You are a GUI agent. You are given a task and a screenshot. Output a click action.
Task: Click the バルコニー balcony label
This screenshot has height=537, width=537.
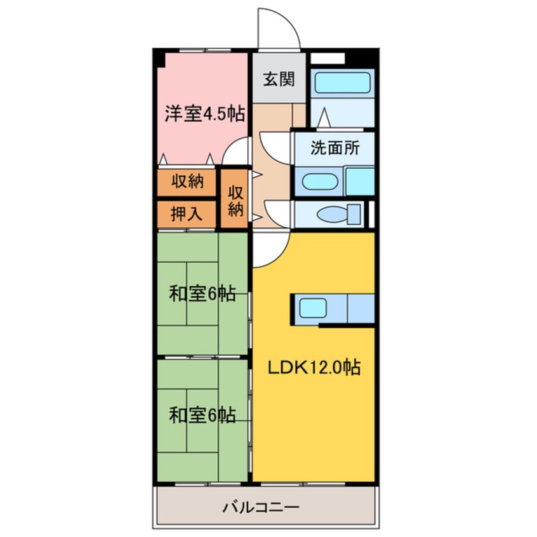point(261,508)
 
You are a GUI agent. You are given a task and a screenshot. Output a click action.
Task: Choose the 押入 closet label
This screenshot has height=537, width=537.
point(187,214)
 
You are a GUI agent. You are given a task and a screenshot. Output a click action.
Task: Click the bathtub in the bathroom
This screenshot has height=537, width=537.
point(343,83)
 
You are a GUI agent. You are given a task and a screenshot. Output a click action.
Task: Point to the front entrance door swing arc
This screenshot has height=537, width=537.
point(278,29)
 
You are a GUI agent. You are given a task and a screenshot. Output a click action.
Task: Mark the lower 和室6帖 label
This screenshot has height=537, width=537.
point(202,415)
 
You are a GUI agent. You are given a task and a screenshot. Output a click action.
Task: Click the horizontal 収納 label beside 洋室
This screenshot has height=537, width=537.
point(187,182)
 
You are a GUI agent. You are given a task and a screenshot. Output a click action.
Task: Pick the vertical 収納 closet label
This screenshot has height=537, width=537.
point(236,199)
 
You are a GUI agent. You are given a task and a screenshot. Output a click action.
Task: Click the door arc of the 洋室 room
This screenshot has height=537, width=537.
point(237,152)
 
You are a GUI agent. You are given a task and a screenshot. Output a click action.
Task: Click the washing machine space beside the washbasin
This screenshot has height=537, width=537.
point(359,182)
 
